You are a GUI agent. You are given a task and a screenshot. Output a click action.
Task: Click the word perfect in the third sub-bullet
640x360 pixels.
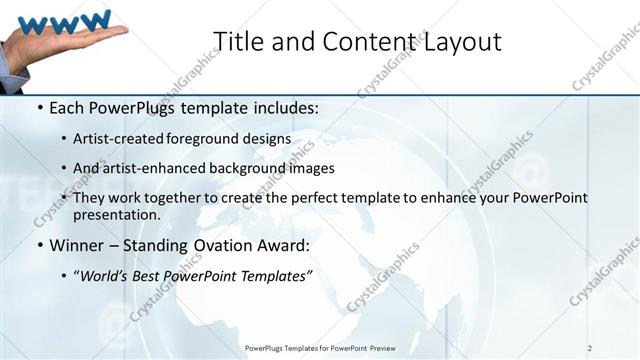click(x=311, y=198)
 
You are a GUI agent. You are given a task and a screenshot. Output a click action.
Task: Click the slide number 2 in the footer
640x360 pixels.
click(x=590, y=348)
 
